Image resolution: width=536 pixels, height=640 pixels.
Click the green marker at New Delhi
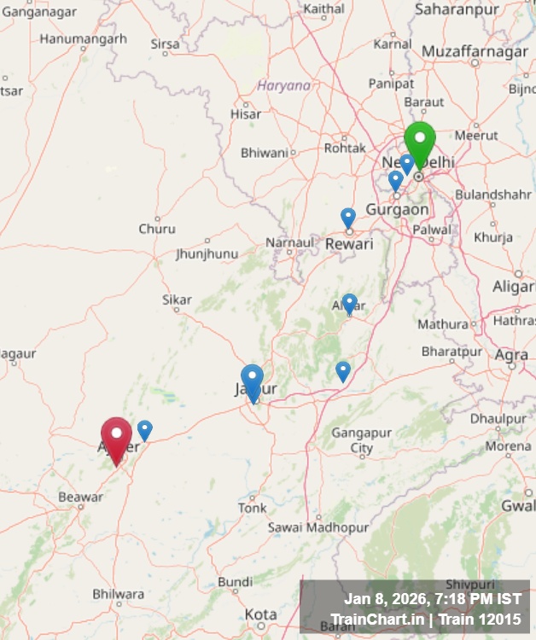pos(419,141)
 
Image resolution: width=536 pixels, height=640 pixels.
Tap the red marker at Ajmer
pos(116,435)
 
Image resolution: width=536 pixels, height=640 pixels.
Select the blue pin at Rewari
pos(348,218)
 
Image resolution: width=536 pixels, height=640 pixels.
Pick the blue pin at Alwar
pos(349,304)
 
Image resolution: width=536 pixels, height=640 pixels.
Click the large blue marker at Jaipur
pos(252,380)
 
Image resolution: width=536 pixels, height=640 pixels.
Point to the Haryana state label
pos(284,85)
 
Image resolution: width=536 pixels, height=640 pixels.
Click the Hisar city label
pos(246,113)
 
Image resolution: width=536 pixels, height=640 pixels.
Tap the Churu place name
pos(157,229)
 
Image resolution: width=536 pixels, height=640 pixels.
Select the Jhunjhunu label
pos(207,254)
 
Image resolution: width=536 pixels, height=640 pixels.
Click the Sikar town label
pos(177,300)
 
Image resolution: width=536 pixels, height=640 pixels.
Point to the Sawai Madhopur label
pos(318,528)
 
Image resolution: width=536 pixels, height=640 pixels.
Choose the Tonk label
pos(252,508)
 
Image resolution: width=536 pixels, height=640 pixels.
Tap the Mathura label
pos(443,324)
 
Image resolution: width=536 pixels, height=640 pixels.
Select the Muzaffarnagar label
pos(475,52)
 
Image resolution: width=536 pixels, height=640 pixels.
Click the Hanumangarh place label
pos(83,38)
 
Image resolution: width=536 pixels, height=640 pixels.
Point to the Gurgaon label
pos(397,209)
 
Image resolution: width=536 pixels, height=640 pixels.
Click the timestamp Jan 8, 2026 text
pos(432,599)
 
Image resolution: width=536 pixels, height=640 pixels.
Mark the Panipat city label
pos(391,84)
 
